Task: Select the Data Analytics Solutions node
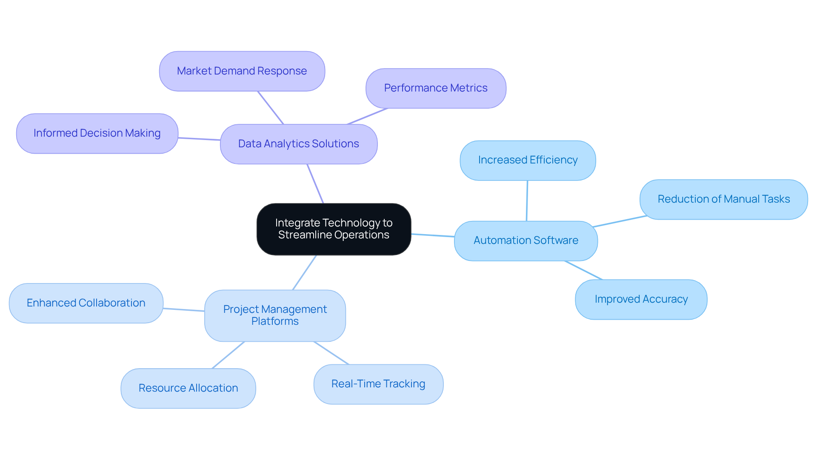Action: tap(298, 144)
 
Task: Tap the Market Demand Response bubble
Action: tap(242, 71)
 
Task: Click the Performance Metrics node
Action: tap(436, 88)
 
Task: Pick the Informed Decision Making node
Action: tap(97, 133)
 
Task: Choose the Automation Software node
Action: tap(526, 241)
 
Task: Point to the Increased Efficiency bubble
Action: tap(528, 160)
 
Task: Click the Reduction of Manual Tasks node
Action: tap(723, 199)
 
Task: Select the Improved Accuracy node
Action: tap(641, 299)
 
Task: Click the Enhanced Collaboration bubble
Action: tap(86, 303)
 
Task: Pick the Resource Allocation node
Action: tap(188, 388)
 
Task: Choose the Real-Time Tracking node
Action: tap(378, 384)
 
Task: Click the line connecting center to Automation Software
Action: tap(433, 235)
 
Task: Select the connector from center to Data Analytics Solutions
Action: tap(315, 184)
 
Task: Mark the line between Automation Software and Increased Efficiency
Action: tap(527, 200)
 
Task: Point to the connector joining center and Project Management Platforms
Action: tap(305, 272)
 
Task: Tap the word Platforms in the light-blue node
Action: tap(275, 321)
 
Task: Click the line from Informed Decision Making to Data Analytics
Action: tap(199, 139)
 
